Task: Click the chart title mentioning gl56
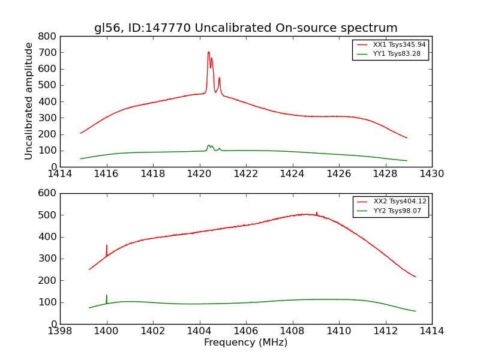(x=245, y=28)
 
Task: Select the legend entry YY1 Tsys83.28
(x=397, y=53)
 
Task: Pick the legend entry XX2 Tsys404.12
(x=400, y=201)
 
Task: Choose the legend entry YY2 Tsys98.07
(x=397, y=211)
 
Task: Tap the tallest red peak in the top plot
(x=209, y=53)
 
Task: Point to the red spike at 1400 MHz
(x=107, y=246)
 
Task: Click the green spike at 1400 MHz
(x=107, y=296)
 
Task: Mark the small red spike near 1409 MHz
(x=317, y=212)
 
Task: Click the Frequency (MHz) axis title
(x=245, y=343)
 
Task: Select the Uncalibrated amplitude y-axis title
(x=29, y=101)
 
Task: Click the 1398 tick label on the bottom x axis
(x=60, y=331)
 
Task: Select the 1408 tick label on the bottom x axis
(x=292, y=331)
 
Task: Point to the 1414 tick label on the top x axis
(x=60, y=174)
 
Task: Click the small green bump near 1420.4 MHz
(x=209, y=146)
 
